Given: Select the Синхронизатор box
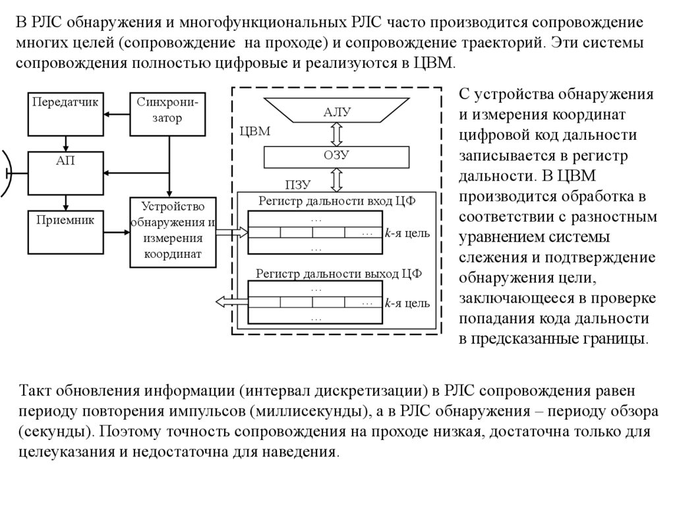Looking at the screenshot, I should click(169, 111).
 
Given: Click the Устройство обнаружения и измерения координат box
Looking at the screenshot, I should click(173, 232).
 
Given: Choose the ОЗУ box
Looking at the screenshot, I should click(336, 156).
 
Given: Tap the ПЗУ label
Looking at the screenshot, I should click(297, 184).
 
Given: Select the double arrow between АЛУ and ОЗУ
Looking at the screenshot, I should click(337, 133).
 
